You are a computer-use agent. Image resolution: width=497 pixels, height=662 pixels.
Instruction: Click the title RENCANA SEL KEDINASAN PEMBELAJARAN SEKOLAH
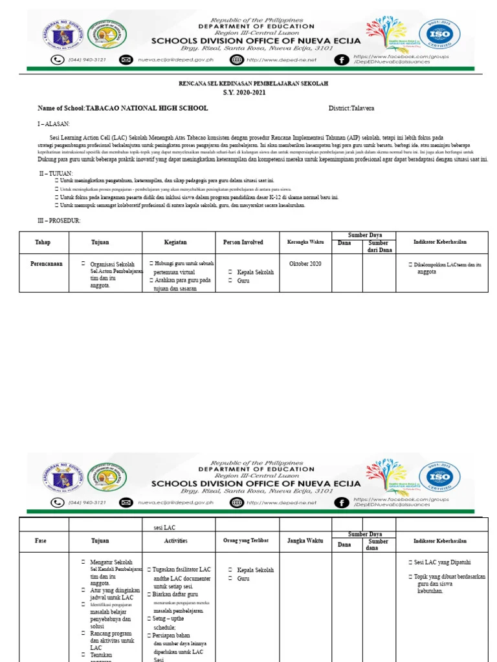pos(254,84)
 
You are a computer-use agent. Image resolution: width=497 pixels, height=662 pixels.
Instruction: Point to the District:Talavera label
pos(351,108)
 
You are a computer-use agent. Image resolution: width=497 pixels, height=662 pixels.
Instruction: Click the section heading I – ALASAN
pos(53,123)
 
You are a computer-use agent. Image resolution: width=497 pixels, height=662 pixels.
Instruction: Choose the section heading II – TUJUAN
pos(56,174)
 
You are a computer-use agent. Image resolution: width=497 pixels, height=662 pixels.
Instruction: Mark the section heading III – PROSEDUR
pos(59,221)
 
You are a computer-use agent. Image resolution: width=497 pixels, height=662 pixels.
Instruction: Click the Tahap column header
pos(43,242)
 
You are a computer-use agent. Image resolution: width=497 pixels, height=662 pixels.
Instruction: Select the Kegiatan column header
pos(175,242)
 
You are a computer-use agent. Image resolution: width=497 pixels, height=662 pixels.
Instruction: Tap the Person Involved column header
pos(243,242)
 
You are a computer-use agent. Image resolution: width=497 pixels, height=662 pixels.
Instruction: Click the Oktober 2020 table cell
pos(305,264)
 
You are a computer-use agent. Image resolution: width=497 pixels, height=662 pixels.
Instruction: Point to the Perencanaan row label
pos(47,264)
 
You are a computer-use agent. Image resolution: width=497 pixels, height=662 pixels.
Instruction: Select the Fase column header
pos(43,541)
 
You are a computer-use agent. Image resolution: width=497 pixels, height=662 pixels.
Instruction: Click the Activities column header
pos(175,541)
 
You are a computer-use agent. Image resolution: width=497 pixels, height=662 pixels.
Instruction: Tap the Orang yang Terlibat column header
pos(246,541)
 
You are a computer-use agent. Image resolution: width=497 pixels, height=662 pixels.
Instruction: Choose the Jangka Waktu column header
pos(305,541)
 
